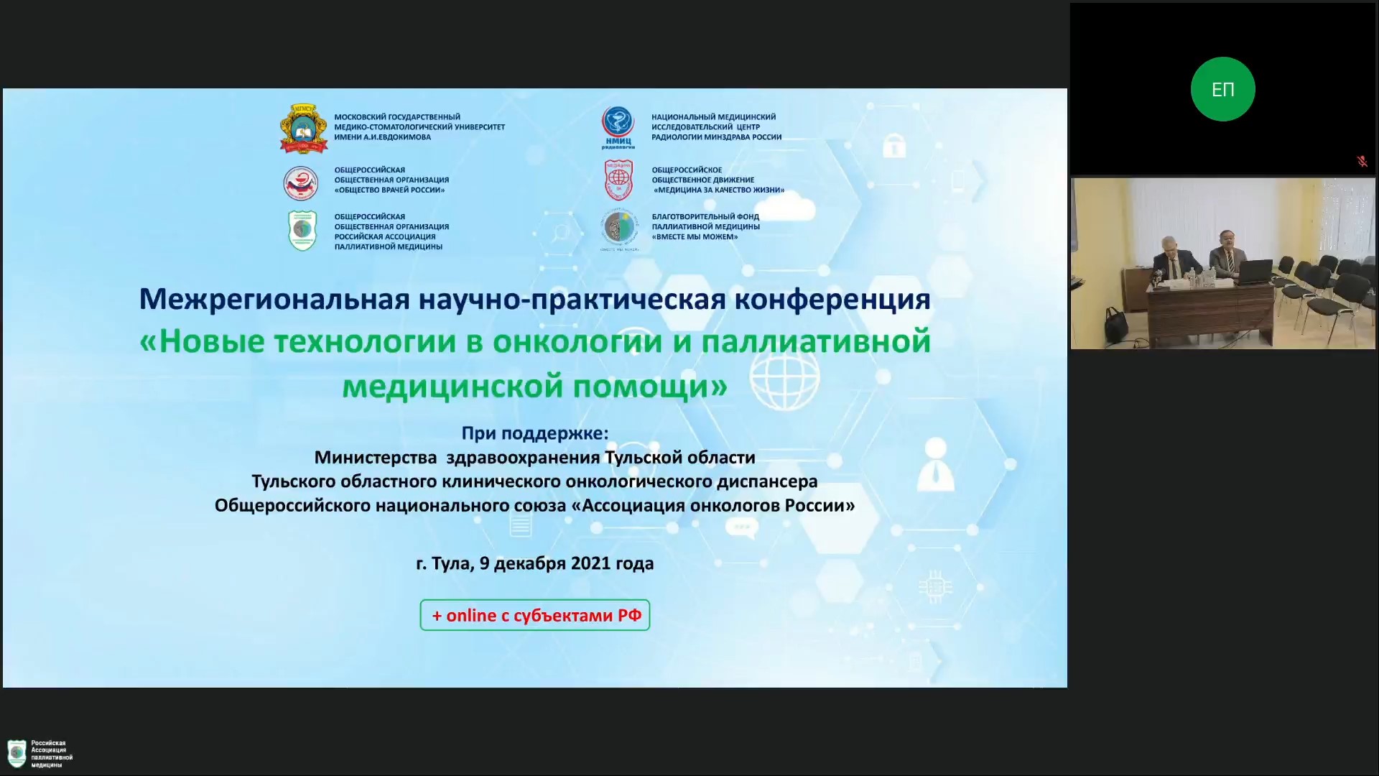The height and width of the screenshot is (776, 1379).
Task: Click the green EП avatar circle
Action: click(x=1222, y=89)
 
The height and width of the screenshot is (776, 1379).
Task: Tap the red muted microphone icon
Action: click(x=1362, y=162)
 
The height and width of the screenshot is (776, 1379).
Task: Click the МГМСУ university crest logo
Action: click(x=304, y=129)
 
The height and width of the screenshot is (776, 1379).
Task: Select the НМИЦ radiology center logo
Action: click(x=618, y=127)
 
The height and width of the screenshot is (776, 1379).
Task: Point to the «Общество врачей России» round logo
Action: click(x=301, y=183)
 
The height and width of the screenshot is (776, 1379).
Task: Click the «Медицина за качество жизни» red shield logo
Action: click(x=618, y=180)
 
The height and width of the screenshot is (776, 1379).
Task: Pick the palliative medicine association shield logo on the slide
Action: click(x=302, y=230)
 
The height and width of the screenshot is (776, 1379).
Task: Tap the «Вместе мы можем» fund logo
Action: click(x=618, y=230)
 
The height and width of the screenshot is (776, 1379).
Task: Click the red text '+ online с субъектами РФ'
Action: click(x=537, y=616)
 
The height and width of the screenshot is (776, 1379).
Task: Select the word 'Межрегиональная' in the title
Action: click(x=274, y=299)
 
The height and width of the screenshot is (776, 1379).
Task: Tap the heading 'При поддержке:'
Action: click(x=534, y=433)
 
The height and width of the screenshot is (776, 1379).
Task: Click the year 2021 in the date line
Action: click(x=590, y=563)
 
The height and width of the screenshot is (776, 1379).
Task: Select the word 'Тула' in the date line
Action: click(x=452, y=564)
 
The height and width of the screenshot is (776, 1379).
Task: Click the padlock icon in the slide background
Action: click(x=893, y=146)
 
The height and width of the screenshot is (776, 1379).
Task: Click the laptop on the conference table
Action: click(x=1254, y=272)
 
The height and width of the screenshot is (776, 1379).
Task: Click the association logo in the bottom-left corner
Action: click(x=40, y=754)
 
